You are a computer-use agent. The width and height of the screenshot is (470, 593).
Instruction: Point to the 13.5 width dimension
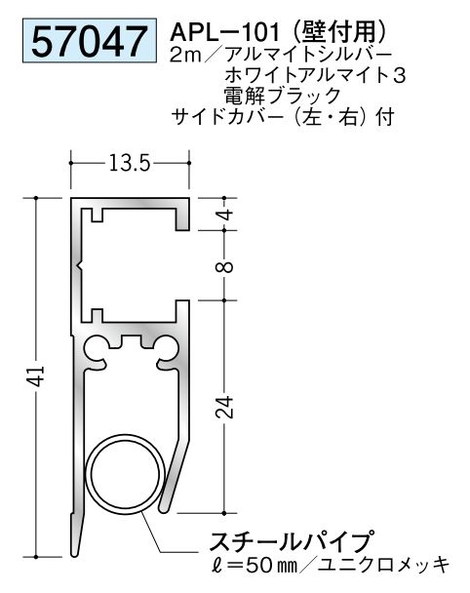pyautogui.click(x=129, y=165)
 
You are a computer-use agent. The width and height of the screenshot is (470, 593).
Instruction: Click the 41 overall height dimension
pyautogui.click(x=22, y=376)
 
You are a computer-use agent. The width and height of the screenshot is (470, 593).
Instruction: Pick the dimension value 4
pyautogui.click(x=226, y=216)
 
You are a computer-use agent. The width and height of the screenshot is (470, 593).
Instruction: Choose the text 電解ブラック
pyautogui.click(x=282, y=96)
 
